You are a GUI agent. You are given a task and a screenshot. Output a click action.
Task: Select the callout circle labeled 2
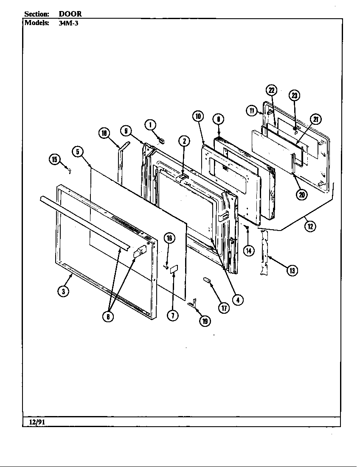point(184,141)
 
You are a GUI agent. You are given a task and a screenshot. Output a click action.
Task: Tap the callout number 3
point(63,292)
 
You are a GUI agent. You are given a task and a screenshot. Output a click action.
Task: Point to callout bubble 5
point(78,152)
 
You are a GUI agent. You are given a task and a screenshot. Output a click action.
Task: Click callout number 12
point(310,226)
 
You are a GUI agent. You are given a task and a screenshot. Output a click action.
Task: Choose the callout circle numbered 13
point(292,270)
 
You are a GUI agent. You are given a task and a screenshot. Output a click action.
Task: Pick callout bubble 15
point(54,160)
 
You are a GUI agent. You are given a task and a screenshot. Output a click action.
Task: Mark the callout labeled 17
point(224,308)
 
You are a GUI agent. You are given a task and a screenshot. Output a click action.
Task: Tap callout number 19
point(205,321)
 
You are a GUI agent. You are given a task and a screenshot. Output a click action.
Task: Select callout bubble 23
point(295,95)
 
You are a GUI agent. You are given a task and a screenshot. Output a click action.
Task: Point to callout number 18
point(104,133)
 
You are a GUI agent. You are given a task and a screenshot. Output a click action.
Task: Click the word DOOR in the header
point(70,14)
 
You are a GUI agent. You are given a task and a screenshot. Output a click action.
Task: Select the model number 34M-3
point(68,23)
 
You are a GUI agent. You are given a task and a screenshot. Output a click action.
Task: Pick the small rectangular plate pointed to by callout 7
point(174,270)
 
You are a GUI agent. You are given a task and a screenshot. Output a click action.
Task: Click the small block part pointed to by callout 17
point(207,280)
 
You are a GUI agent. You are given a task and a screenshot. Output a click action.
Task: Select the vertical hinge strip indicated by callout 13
point(264,253)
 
